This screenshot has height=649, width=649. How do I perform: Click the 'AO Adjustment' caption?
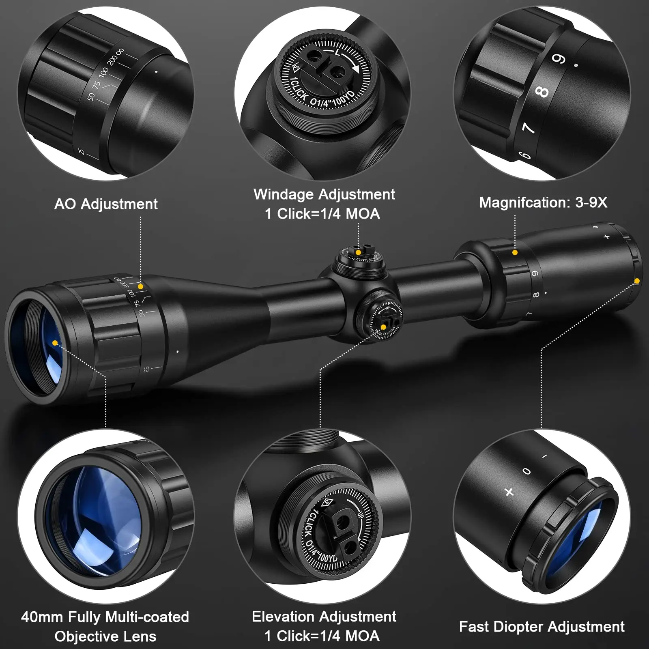[106, 204]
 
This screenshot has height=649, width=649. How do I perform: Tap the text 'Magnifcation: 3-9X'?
[543, 202]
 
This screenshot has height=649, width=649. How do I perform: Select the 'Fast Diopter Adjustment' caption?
[542, 627]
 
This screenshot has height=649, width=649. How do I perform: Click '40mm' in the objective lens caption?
[42, 617]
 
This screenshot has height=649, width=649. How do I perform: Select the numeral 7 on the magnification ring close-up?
[528, 128]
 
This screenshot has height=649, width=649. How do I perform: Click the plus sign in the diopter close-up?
[509, 492]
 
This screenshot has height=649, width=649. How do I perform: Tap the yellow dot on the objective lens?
[55, 343]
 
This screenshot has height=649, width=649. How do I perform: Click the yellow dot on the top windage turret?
[358, 252]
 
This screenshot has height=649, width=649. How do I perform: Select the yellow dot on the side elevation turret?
[383, 327]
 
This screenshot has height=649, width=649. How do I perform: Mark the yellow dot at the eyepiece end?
[637, 281]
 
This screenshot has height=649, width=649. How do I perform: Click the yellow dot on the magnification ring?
[515, 252]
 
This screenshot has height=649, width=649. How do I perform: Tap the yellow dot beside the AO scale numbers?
[140, 286]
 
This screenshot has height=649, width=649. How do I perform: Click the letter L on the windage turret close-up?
[337, 53]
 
